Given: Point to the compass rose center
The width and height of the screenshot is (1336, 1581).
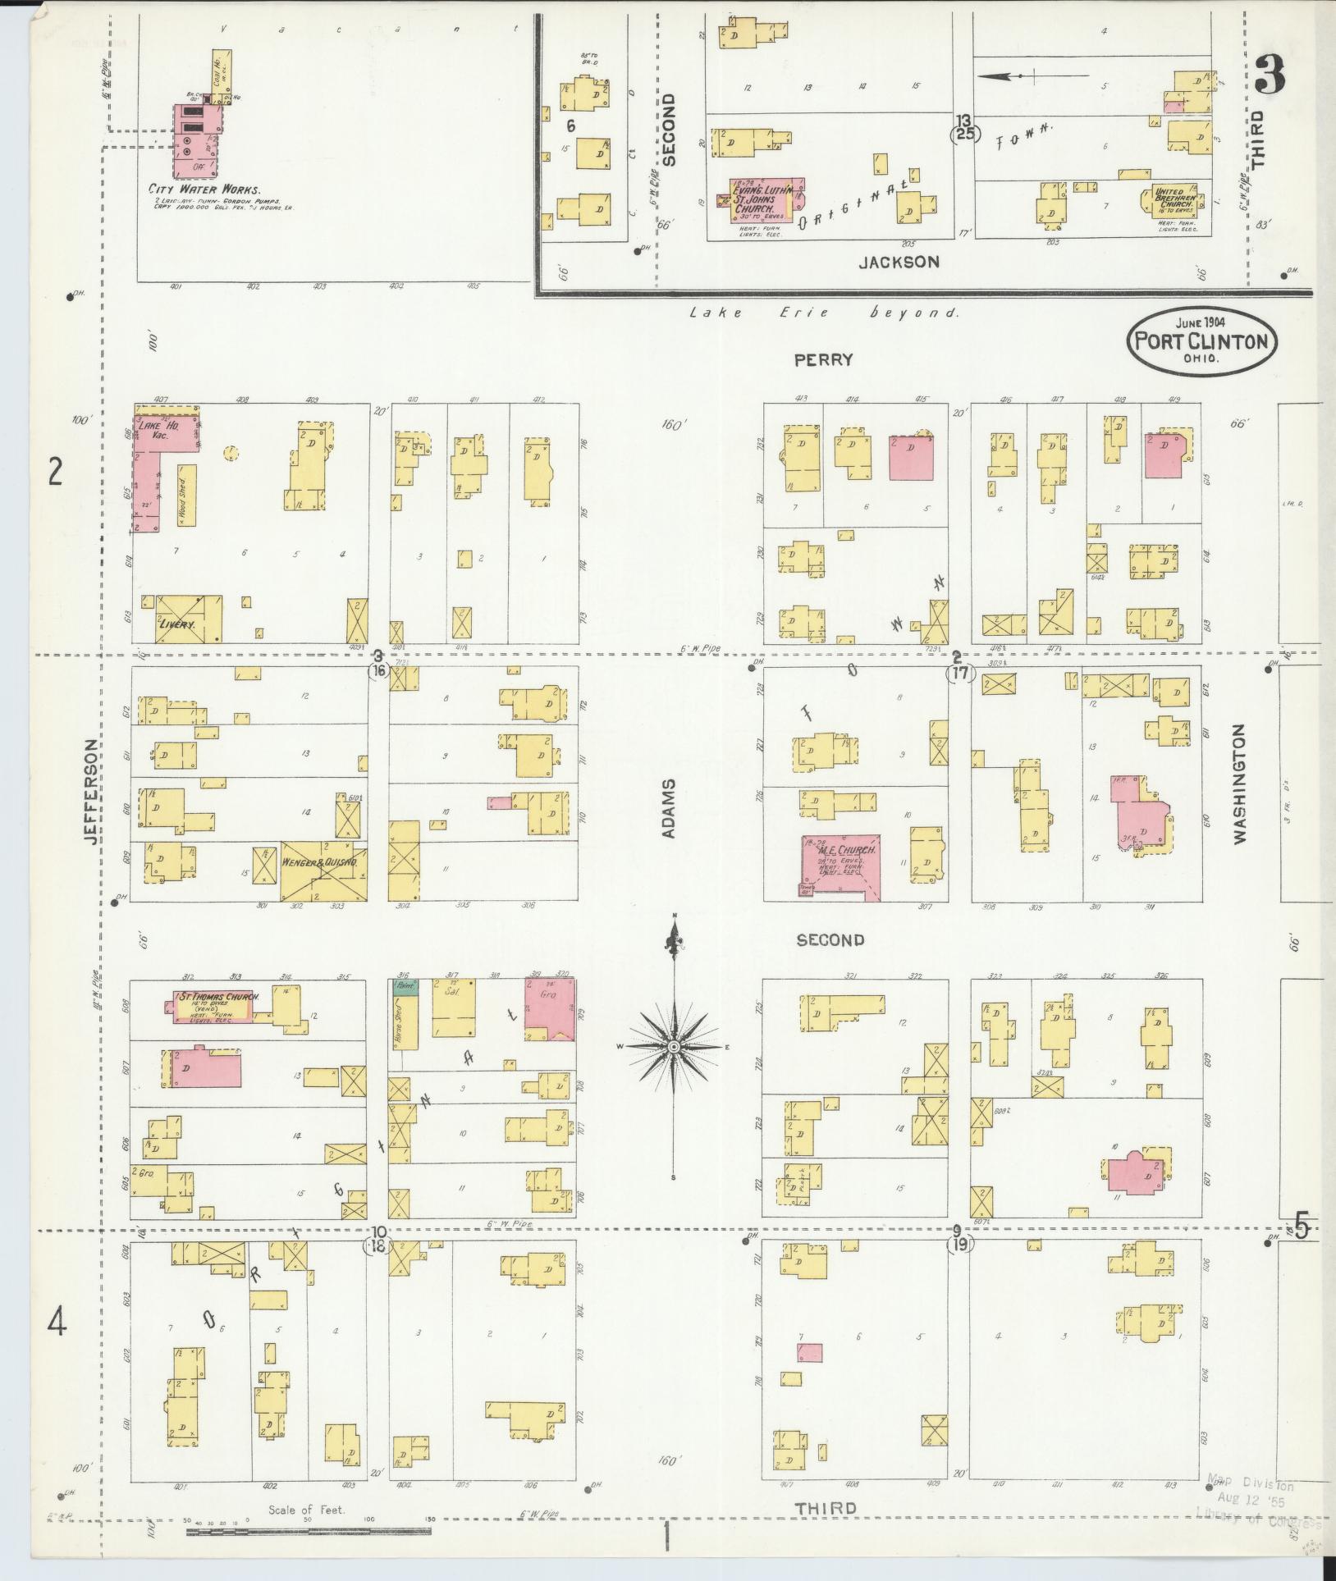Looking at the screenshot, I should [x=673, y=1047].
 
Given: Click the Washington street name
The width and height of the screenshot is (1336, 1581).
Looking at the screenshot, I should [x=1238, y=784].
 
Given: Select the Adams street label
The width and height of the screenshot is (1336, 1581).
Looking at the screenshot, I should [x=669, y=808].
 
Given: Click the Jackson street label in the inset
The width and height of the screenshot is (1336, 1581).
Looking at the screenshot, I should [x=898, y=262].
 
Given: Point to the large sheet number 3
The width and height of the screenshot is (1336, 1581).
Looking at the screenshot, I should [x=1270, y=78].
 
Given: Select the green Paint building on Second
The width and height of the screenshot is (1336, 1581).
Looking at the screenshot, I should [x=405, y=988].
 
